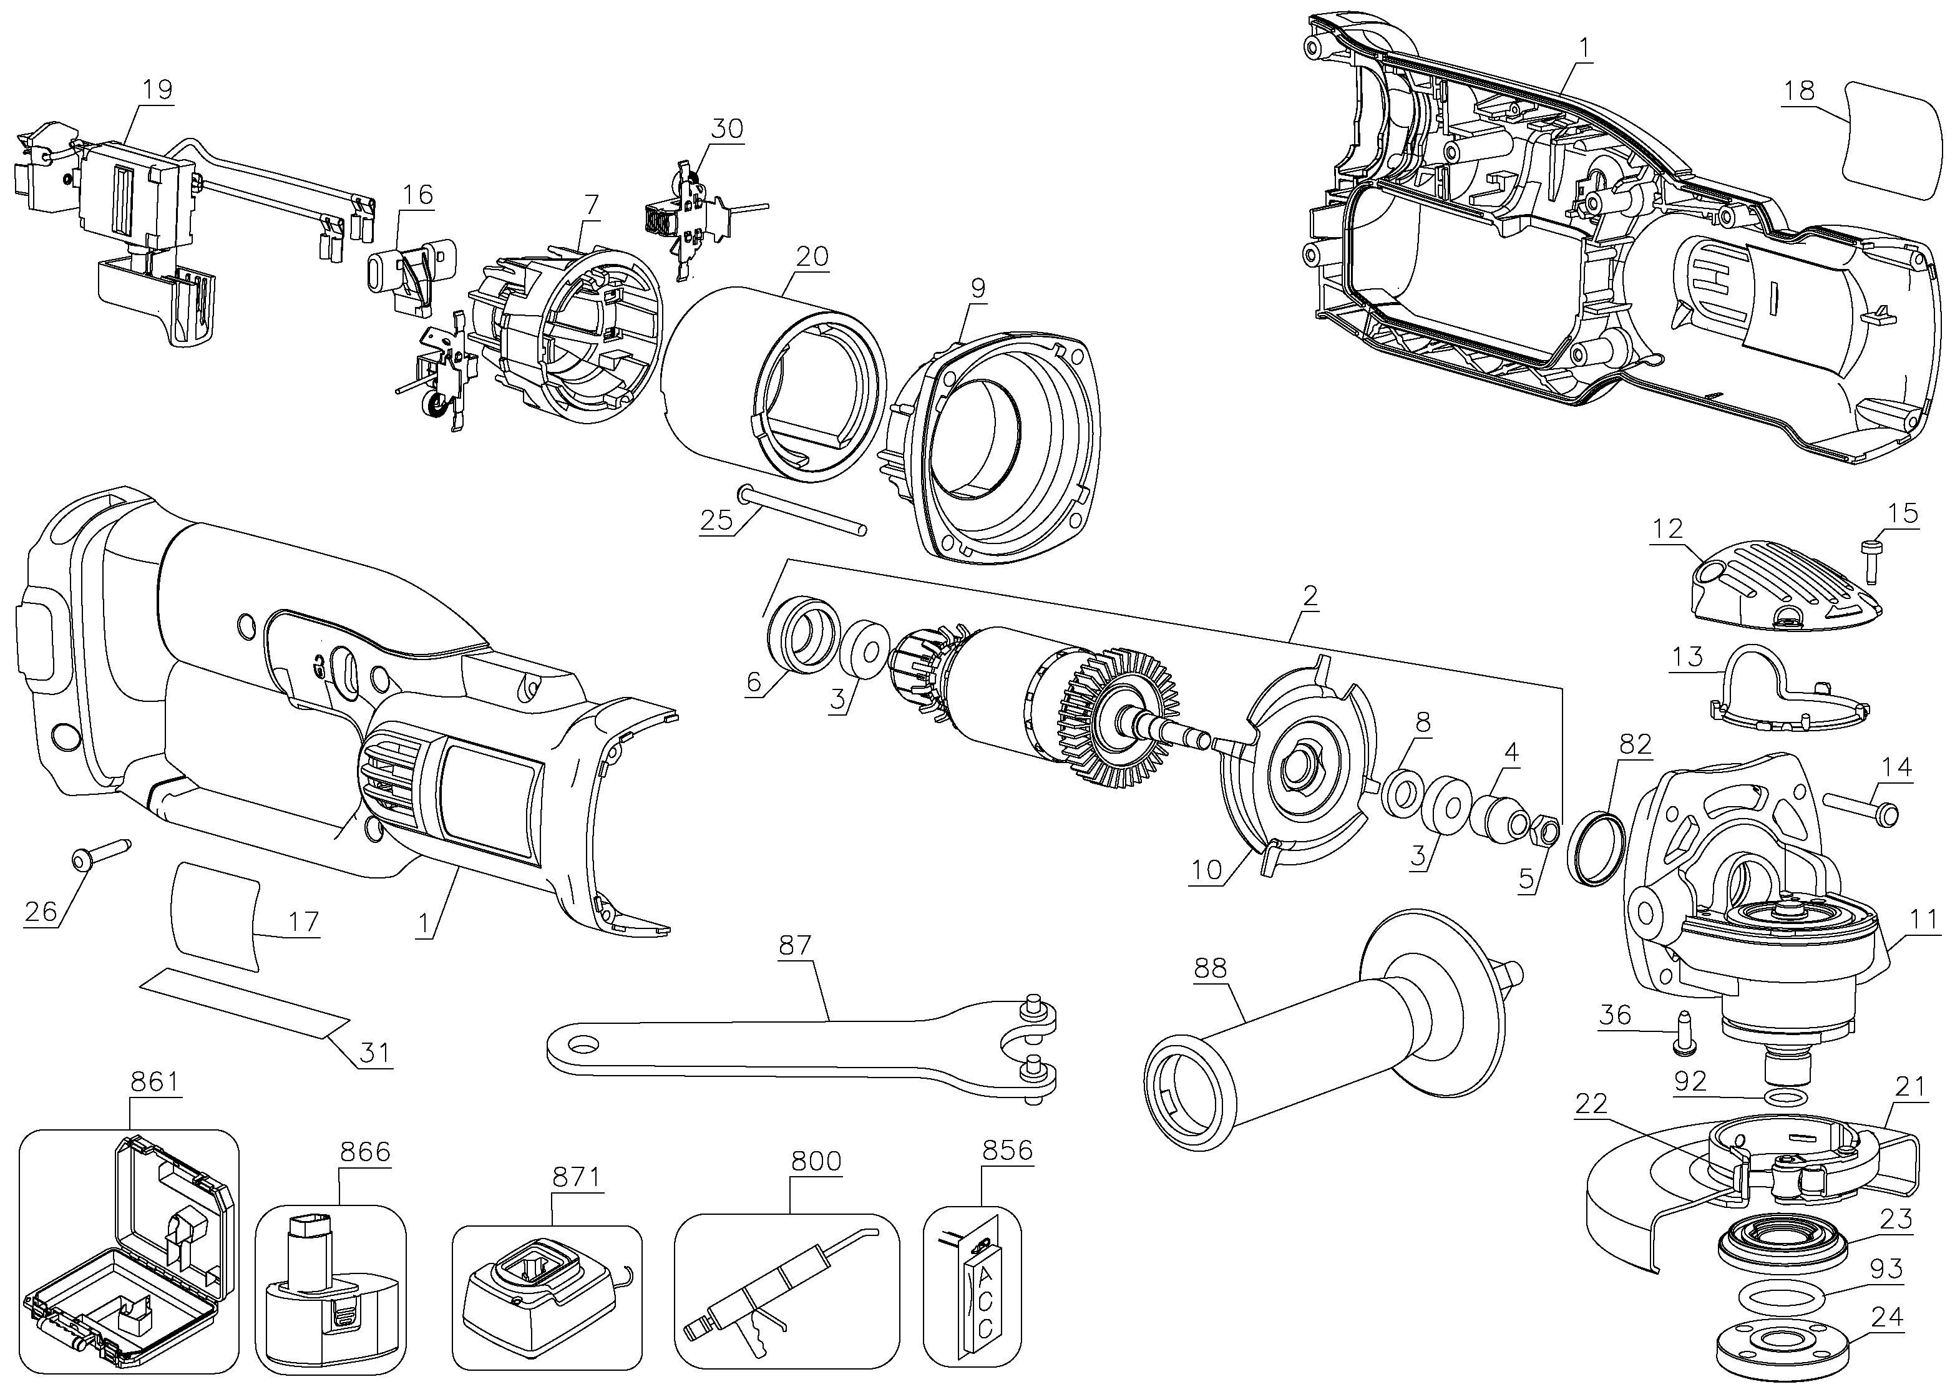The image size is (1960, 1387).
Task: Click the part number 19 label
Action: (158, 89)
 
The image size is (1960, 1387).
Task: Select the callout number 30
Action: (727, 128)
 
